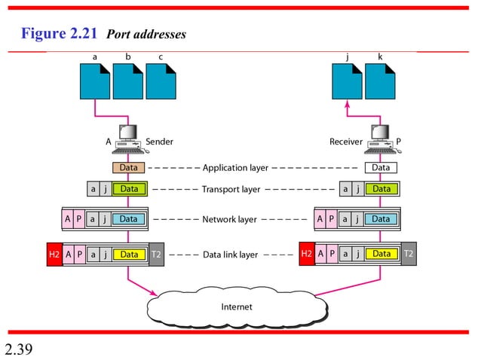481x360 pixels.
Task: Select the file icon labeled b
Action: pos(128,81)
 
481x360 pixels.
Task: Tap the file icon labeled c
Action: pos(161,81)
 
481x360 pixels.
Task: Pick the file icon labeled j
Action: pos(348,81)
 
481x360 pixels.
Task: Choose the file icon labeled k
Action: pos(380,81)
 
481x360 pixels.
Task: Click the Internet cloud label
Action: pos(236,307)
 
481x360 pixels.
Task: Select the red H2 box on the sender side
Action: pos(54,255)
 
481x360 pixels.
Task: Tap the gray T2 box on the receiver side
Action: pos(408,255)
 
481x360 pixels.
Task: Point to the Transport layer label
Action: pos(231,189)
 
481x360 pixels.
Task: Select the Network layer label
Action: pos(230,219)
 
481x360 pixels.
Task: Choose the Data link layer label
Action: pos(230,255)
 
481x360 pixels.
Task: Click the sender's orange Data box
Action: pos(129,167)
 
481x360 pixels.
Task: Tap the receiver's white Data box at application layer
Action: pos(381,167)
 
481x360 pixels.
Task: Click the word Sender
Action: pos(159,141)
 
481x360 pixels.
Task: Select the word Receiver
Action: pos(347,141)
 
